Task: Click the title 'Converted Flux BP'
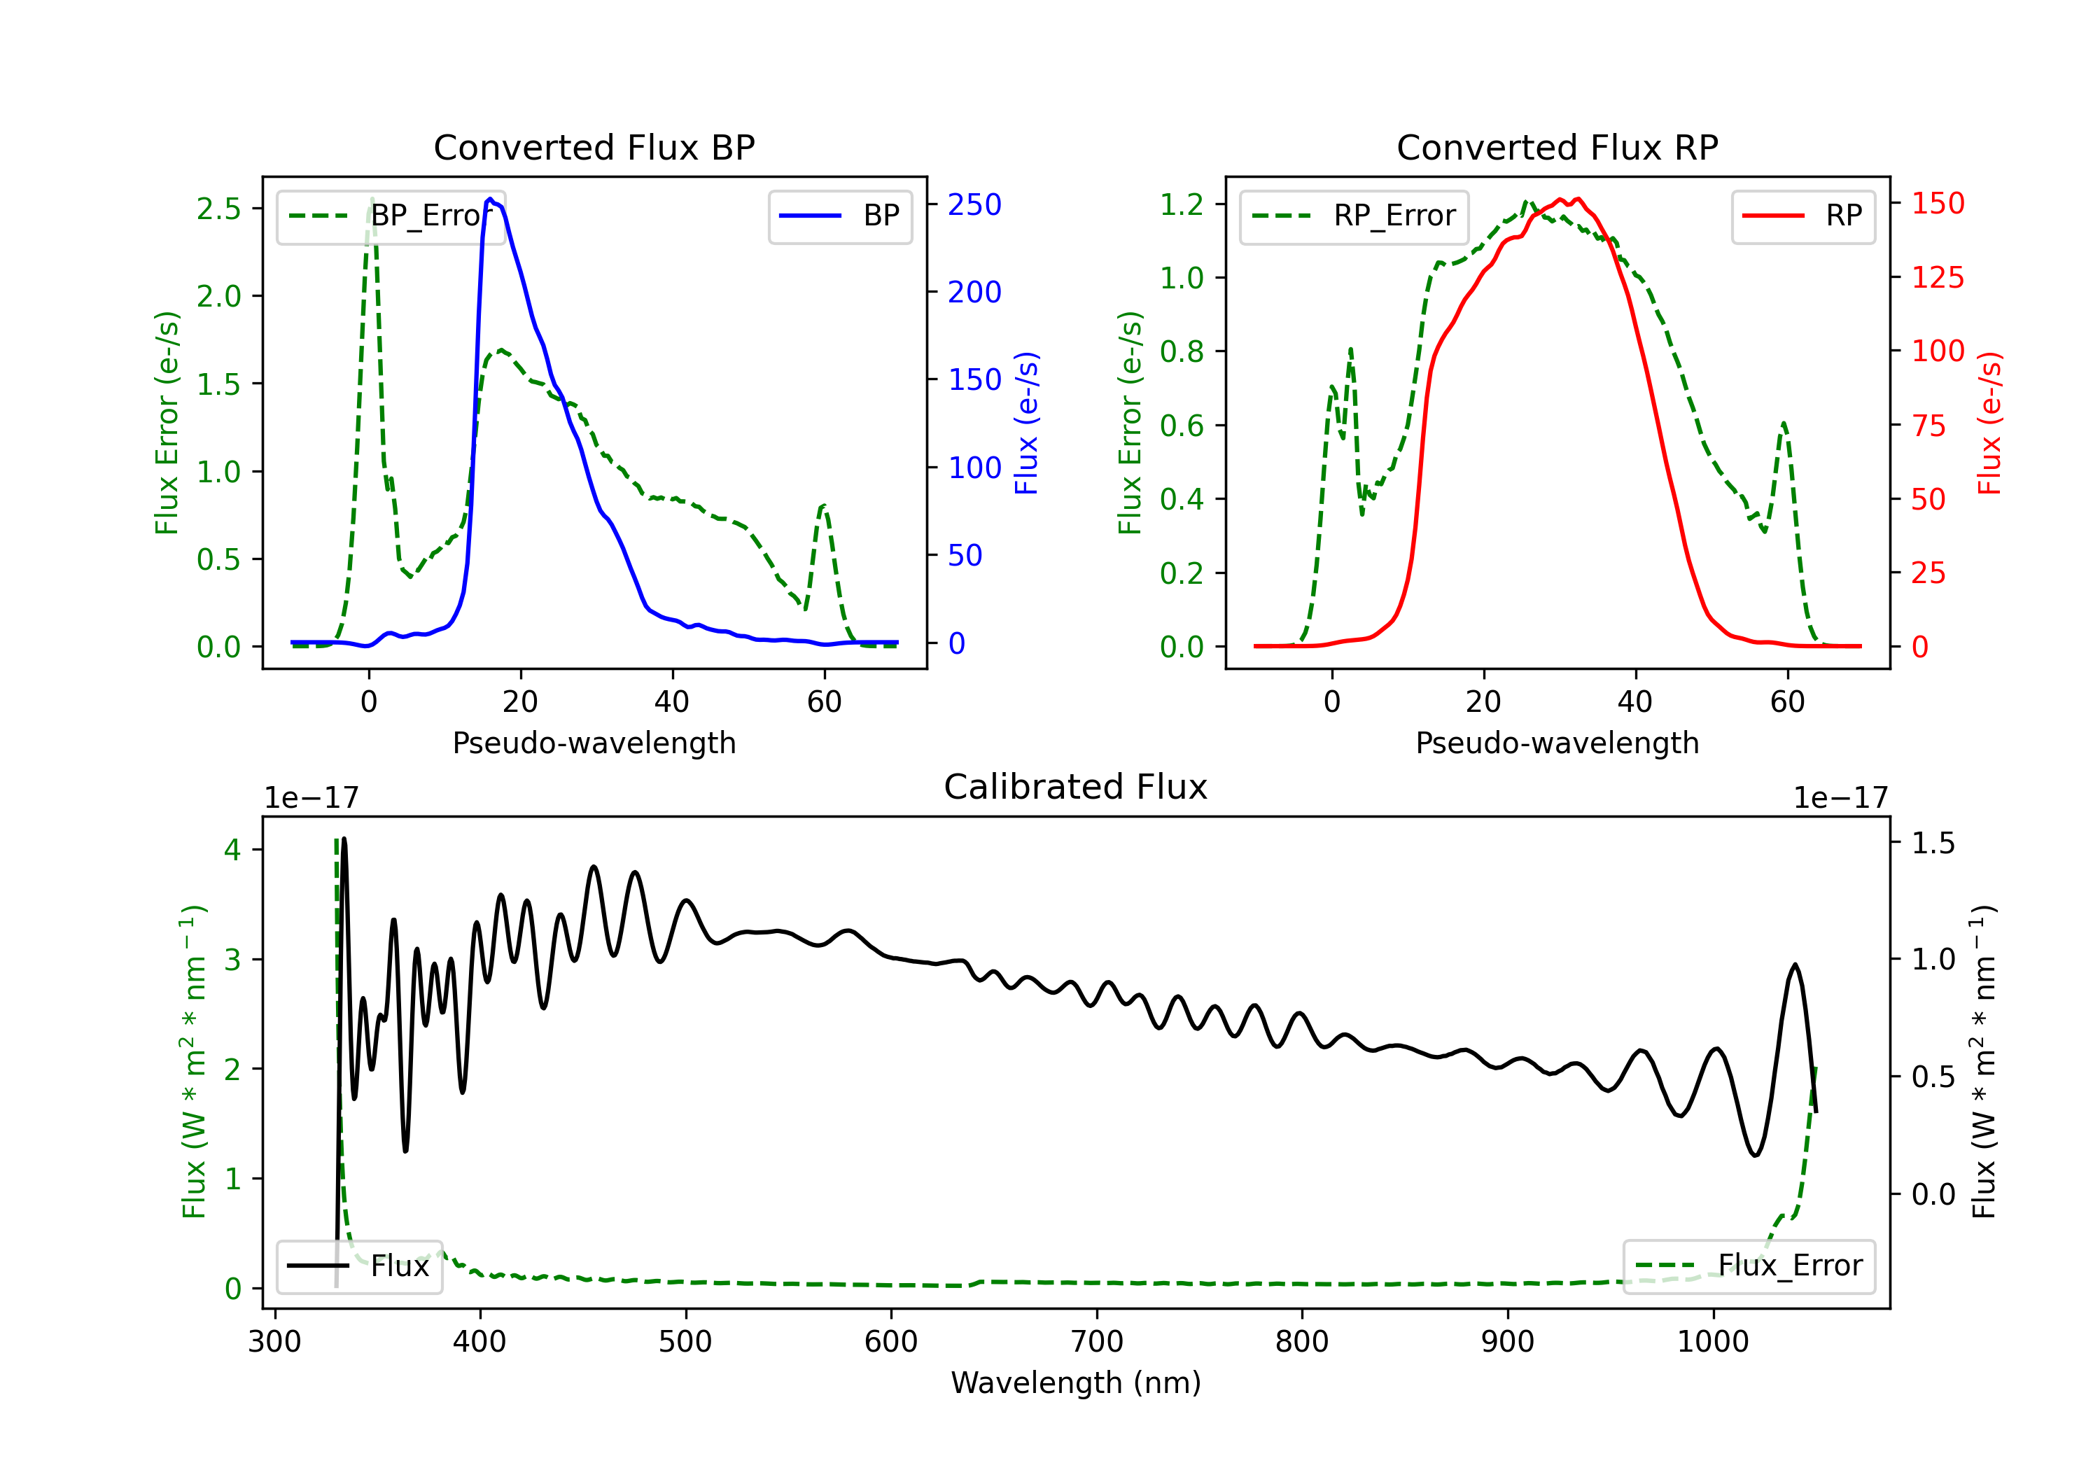[x=594, y=147]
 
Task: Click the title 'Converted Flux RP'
[x=1557, y=147]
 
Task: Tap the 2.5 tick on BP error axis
[x=218, y=209]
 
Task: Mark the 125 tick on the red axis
[x=1937, y=277]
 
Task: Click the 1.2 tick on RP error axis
[x=1182, y=204]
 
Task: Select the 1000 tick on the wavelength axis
[x=1712, y=1342]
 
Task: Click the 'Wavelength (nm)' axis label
[x=1076, y=1382]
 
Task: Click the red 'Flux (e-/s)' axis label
[x=1989, y=423]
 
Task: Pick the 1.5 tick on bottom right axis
[x=1933, y=843]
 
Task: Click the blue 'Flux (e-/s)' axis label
[x=1026, y=423]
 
